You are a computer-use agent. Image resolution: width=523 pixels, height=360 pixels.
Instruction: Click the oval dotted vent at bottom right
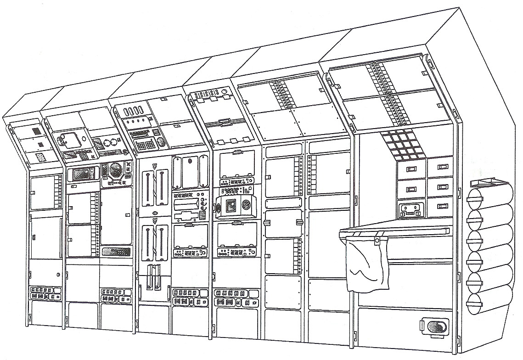coord(434,327)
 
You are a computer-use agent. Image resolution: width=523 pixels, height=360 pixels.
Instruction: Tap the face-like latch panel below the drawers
coord(411,209)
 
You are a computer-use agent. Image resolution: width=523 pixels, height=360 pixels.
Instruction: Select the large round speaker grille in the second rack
coord(117,170)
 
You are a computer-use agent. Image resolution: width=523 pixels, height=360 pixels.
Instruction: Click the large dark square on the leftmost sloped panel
coord(36,132)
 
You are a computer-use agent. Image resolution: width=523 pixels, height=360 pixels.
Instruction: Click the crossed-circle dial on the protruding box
coord(246,206)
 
